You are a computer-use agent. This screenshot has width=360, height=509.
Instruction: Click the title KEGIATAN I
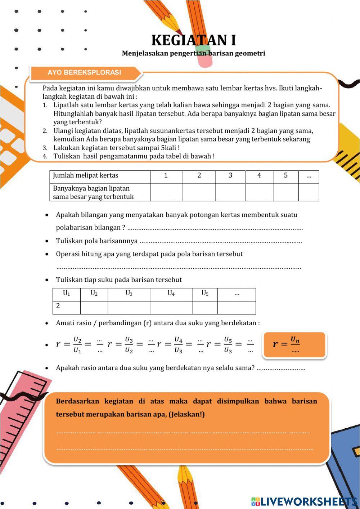point(193,40)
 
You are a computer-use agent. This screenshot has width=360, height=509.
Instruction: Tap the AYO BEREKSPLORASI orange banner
point(85,72)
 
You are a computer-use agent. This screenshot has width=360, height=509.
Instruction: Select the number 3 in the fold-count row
point(230,175)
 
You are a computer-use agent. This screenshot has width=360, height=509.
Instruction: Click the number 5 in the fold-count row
point(285,175)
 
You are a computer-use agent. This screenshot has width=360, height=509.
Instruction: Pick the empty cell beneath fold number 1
point(166,192)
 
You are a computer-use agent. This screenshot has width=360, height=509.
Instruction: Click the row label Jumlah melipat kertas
point(86,175)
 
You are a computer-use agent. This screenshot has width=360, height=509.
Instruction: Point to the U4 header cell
point(171,293)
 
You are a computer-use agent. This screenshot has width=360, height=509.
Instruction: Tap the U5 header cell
point(204,293)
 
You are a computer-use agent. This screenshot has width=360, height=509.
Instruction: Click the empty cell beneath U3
point(129,307)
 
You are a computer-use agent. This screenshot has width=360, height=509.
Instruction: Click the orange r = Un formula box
point(294,345)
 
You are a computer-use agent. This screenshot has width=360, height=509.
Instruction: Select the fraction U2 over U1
point(77,345)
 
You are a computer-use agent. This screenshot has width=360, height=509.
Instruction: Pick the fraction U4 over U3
point(178,345)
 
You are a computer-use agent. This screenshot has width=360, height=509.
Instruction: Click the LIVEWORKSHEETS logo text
point(308,501)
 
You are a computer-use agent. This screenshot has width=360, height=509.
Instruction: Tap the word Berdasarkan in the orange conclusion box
point(77,401)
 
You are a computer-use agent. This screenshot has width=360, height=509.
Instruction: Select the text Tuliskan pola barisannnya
point(96,241)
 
